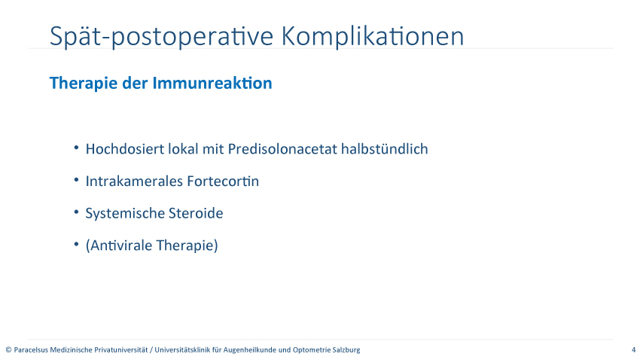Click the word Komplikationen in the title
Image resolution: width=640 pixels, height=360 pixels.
[x=373, y=37]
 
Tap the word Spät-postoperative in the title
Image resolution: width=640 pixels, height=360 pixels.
[x=161, y=37]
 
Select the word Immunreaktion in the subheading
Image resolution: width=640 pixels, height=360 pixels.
[x=212, y=83]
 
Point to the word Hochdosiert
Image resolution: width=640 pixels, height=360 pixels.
[x=124, y=149]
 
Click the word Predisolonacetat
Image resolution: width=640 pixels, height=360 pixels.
[x=282, y=149]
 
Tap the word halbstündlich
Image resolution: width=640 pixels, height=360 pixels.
[x=385, y=149]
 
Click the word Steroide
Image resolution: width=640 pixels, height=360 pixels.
[x=196, y=213]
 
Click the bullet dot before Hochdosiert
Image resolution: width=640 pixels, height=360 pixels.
[x=76, y=148]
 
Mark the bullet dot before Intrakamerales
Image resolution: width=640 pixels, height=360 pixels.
[x=76, y=179]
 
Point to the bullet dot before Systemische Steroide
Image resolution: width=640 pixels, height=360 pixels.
[x=76, y=212]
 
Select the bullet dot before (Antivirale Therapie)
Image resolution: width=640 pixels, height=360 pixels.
[x=76, y=244]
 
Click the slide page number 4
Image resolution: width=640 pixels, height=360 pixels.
[x=633, y=349]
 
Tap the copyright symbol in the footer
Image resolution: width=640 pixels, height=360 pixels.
[x=8, y=349]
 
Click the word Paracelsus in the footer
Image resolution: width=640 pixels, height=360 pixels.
[x=31, y=349]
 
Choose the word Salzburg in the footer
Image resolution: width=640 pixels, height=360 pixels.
[x=346, y=349]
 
